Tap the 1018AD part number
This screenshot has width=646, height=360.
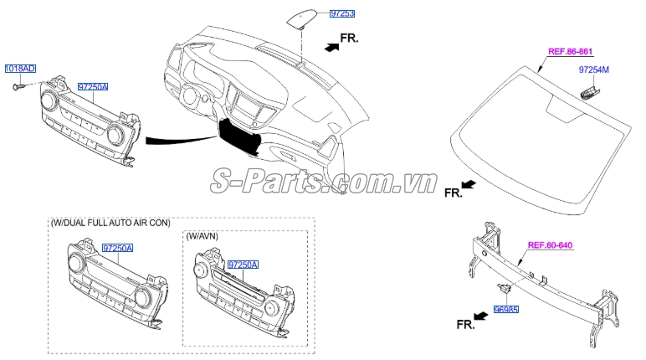tap(20, 68)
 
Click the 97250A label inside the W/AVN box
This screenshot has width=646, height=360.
tap(244, 264)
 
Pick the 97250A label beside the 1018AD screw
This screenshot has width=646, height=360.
tap(94, 87)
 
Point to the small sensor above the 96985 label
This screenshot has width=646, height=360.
tap(505, 289)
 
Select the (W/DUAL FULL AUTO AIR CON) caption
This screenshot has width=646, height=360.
tap(110, 223)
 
